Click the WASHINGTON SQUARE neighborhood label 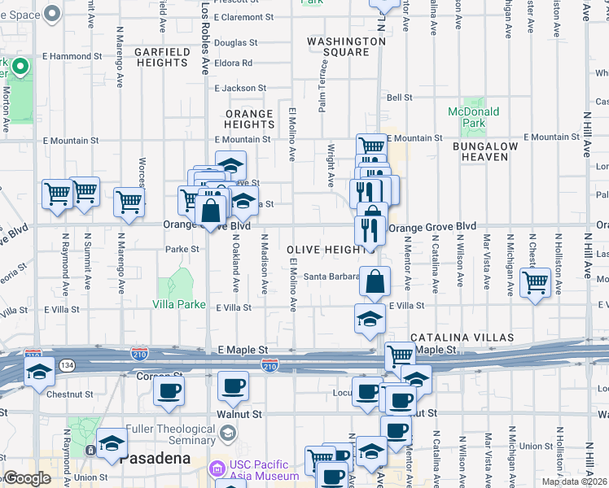click(346, 47)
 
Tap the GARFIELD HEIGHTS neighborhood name click(160, 57)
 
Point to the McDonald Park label click(467, 117)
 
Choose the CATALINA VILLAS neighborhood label click(461, 337)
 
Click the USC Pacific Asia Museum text click(254, 471)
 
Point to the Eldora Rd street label click(234, 63)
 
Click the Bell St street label click(400, 98)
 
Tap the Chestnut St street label click(71, 394)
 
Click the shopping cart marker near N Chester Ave click(535, 283)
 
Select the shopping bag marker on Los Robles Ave click(211, 211)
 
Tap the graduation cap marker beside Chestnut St click(38, 373)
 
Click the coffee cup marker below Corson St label click(169, 391)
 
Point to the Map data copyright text click(574, 481)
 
